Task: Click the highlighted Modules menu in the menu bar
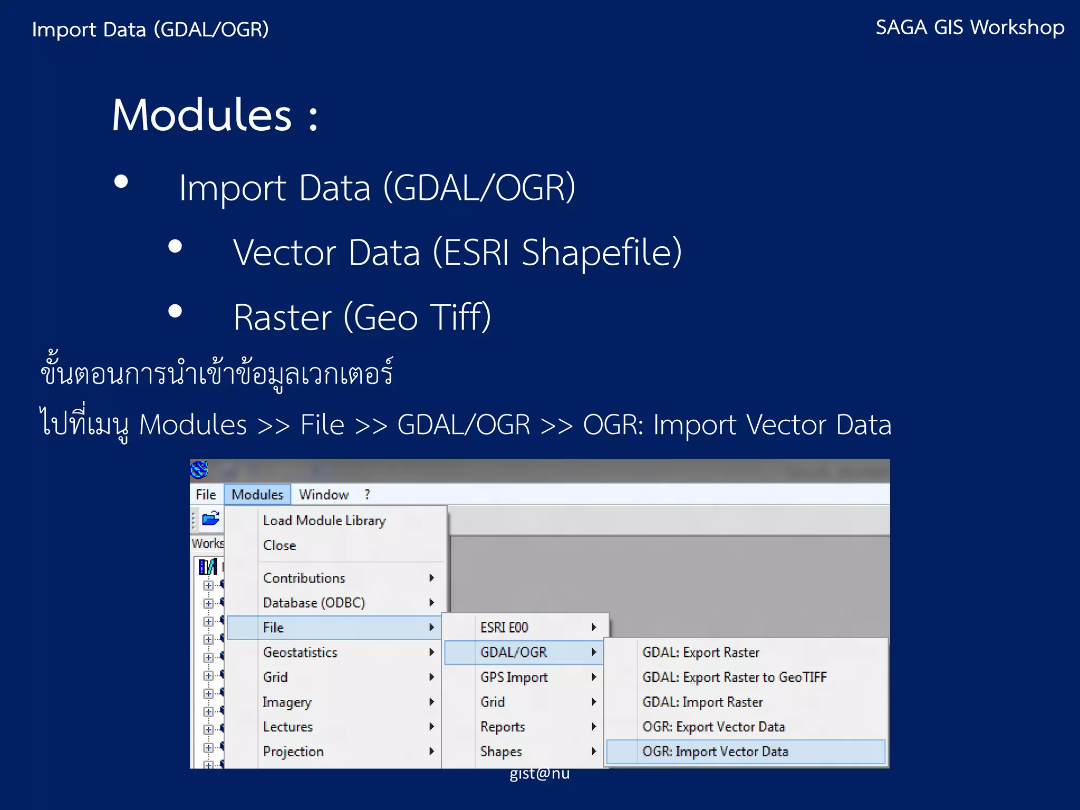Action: pos(257,495)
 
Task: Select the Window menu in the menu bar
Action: pos(323,495)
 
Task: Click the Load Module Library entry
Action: pos(324,520)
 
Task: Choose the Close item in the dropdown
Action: pos(279,545)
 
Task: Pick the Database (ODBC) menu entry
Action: pos(314,603)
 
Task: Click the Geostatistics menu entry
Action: pos(300,652)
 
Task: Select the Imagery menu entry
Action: pos(287,702)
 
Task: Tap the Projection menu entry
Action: pos(293,751)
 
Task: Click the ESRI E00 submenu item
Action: pos(504,628)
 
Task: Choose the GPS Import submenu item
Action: pos(514,677)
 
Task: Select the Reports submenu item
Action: pos(503,727)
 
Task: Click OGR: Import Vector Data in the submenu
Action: pos(715,751)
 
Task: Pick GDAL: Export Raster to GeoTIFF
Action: pos(734,677)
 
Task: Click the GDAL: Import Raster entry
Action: pos(702,702)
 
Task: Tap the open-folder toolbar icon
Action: pos(211,519)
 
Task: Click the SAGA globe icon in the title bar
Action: pos(199,469)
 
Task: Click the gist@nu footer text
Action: pos(539,774)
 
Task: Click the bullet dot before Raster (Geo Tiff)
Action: pos(175,311)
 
